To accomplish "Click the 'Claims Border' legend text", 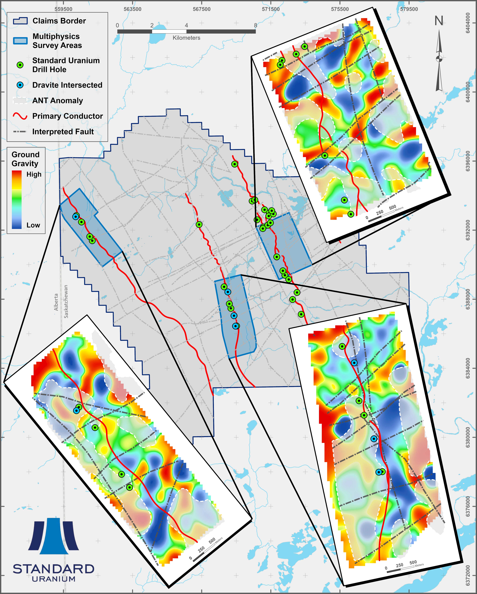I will click(x=59, y=21).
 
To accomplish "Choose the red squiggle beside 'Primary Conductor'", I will click(x=20, y=116).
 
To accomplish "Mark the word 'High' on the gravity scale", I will click(x=34, y=174).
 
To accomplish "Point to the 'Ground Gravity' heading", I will click(x=25, y=159).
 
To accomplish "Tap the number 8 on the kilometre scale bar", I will click(x=256, y=25).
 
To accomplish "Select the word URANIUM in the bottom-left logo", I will click(x=54, y=579).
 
